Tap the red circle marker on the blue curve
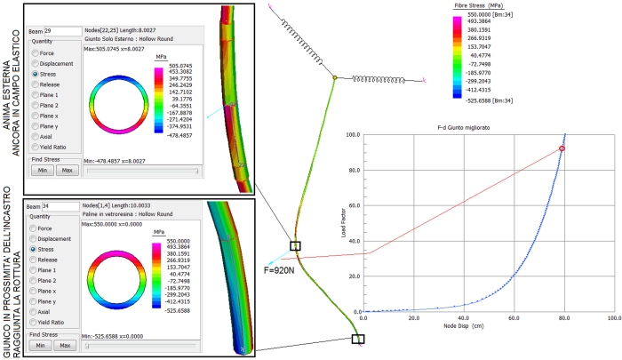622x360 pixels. [562, 148]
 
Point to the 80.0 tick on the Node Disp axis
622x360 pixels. [561, 317]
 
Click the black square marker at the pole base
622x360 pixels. [358, 339]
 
